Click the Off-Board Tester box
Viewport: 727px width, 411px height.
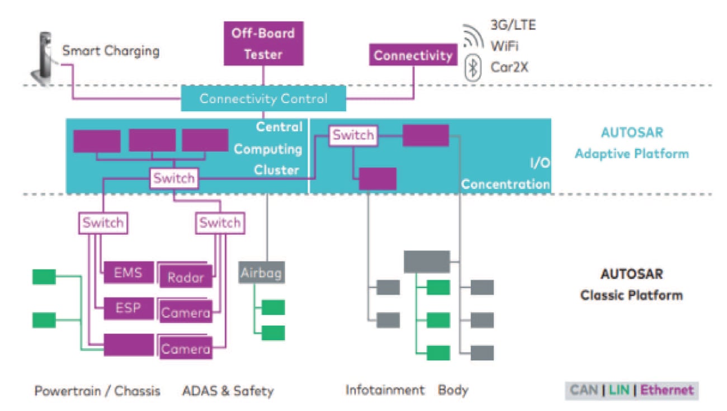click(x=264, y=43)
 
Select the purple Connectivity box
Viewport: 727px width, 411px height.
click(x=413, y=55)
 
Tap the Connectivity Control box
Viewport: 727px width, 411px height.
click(x=263, y=99)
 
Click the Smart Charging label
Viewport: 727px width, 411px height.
click(x=110, y=51)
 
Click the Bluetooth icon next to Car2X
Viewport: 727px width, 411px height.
click(x=473, y=68)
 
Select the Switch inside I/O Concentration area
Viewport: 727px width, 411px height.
click(x=352, y=135)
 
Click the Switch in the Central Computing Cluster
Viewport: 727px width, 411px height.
click(x=174, y=178)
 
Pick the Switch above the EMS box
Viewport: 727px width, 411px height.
click(x=103, y=223)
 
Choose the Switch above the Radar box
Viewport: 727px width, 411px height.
click(x=220, y=223)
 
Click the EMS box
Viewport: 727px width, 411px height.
click(x=128, y=273)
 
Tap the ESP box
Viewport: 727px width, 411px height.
click(x=128, y=308)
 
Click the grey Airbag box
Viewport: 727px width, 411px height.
click(x=262, y=273)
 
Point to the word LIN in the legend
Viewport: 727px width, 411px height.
click(x=619, y=390)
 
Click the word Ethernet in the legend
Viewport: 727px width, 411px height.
click(x=667, y=390)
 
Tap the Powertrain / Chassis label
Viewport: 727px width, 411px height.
click(x=97, y=390)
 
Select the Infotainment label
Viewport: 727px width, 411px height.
click(x=385, y=390)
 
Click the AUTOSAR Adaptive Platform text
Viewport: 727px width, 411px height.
click(x=631, y=143)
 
